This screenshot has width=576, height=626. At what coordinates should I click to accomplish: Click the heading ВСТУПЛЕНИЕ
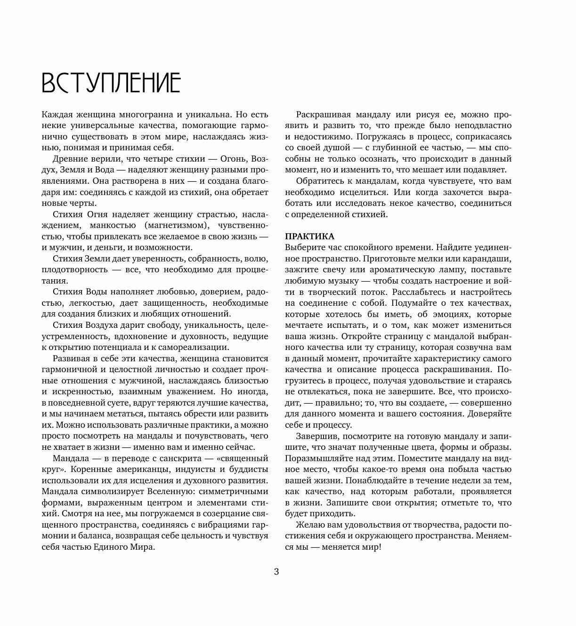point(111,83)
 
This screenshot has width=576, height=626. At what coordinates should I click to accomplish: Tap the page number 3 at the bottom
point(276,572)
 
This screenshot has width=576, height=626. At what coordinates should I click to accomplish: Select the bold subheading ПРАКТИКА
point(309,236)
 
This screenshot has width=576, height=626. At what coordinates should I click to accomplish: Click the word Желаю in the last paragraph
point(309,525)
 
